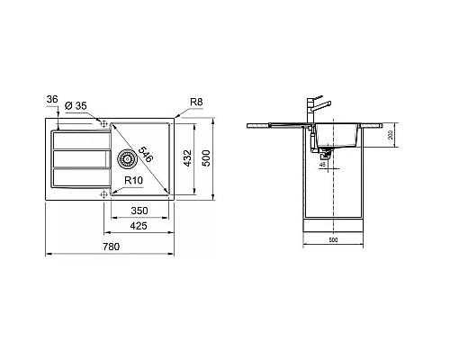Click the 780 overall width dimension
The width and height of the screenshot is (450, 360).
tap(137, 245)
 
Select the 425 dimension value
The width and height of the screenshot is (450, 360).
tap(138, 227)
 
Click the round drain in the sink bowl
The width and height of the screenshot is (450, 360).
tap(127, 159)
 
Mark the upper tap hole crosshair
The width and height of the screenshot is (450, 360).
tap(104, 123)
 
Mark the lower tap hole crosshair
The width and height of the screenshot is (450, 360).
tap(104, 193)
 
